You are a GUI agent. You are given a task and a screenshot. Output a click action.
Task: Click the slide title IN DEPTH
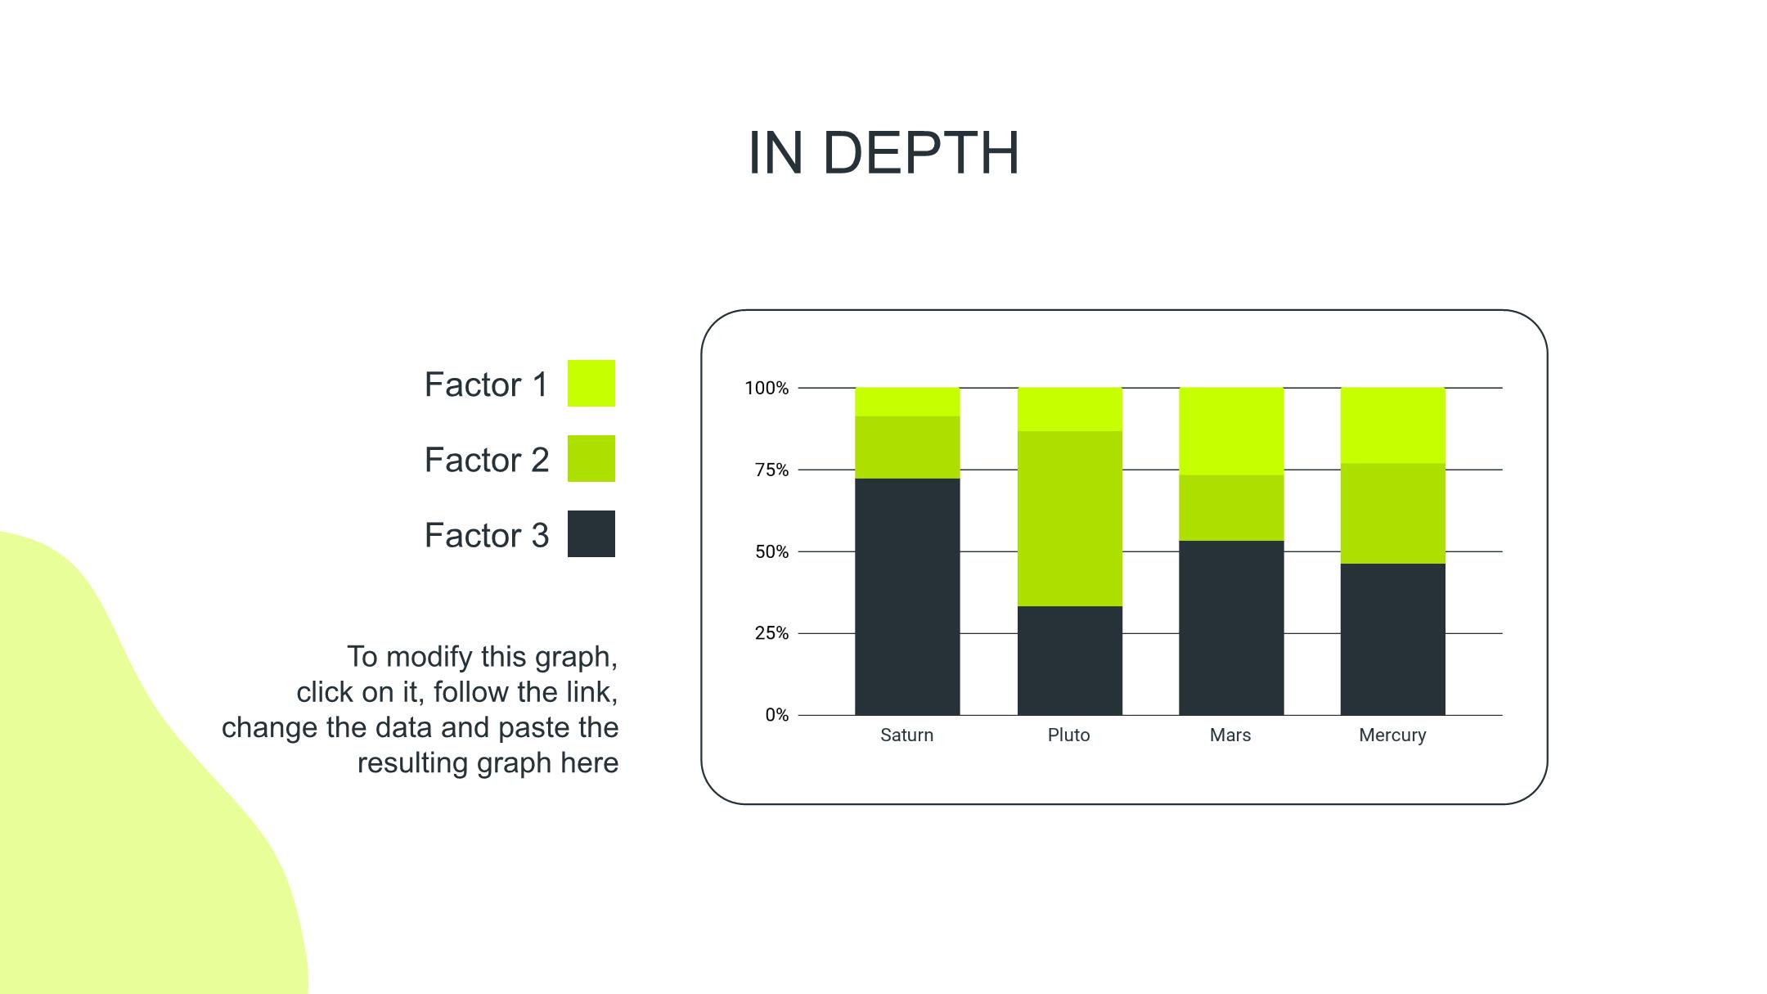pyautogui.click(x=883, y=153)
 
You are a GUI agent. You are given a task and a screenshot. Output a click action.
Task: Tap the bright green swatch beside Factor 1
pyautogui.click(x=591, y=383)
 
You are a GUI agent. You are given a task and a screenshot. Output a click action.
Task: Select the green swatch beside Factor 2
pyautogui.click(x=591, y=458)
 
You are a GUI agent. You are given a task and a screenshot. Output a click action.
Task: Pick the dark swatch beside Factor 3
pyautogui.click(x=591, y=533)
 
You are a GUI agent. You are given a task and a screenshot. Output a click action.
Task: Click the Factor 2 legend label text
pyautogui.click(x=487, y=460)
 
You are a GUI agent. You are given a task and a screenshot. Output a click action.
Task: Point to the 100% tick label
pyautogui.click(x=767, y=388)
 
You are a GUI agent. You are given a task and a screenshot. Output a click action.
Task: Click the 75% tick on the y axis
pyautogui.click(x=771, y=470)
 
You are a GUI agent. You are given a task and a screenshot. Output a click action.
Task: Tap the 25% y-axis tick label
pyautogui.click(x=771, y=633)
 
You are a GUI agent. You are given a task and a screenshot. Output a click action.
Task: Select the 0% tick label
pyautogui.click(x=777, y=715)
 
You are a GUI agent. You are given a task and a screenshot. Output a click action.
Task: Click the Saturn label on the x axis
pyautogui.click(x=906, y=735)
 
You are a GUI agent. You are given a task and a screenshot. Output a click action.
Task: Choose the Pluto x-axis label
pyautogui.click(x=1068, y=735)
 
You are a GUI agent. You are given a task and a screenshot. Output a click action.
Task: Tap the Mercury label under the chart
pyautogui.click(x=1392, y=735)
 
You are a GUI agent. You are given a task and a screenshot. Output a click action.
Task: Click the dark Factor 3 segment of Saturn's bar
pyautogui.click(x=907, y=596)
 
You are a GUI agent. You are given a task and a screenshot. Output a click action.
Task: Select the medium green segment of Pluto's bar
pyautogui.click(x=1069, y=519)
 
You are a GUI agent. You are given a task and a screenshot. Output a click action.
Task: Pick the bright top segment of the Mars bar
pyautogui.click(x=1231, y=431)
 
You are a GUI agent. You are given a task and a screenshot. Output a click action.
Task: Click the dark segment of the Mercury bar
pyautogui.click(x=1392, y=639)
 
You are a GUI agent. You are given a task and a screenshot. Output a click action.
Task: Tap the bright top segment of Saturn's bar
pyautogui.click(x=907, y=402)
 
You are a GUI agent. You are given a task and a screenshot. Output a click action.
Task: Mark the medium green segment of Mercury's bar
pyautogui.click(x=1392, y=514)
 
